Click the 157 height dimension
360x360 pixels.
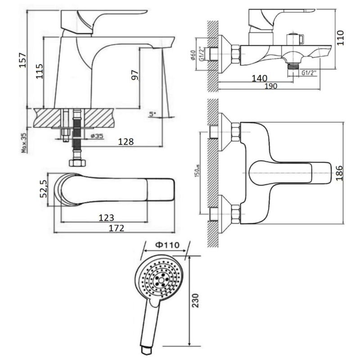point(22,59)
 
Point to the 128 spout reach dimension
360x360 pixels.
point(126,142)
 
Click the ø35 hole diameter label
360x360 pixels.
point(98,135)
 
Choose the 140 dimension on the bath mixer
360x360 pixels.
point(259,78)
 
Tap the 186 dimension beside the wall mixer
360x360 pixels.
point(341,173)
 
